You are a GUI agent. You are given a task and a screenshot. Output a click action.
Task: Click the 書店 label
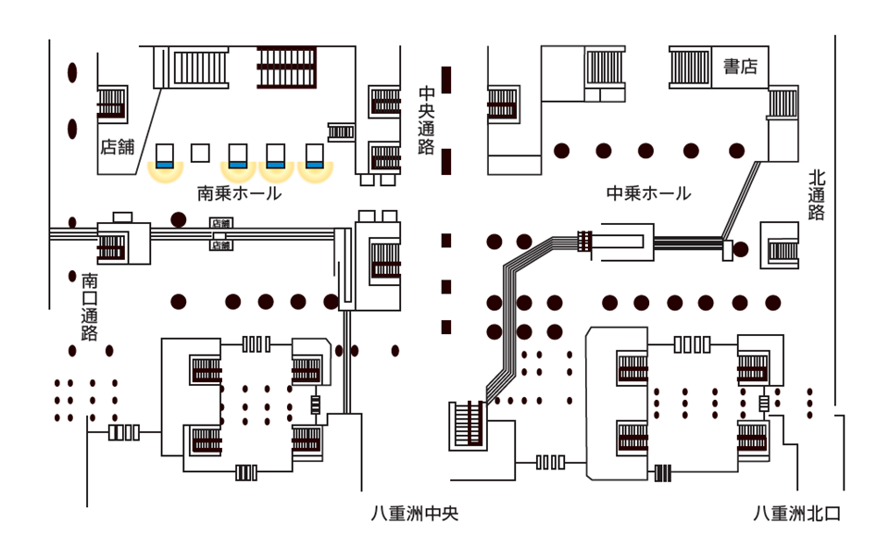click(740, 67)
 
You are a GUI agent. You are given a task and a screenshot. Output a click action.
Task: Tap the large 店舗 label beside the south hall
click(118, 145)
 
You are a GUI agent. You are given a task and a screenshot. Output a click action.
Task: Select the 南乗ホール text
click(239, 193)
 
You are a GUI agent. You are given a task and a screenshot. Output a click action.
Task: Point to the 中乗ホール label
click(648, 193)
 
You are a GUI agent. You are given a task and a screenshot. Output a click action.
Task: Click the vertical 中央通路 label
click(426, 121)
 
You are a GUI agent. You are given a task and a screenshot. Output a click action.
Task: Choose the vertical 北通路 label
click(816, 194)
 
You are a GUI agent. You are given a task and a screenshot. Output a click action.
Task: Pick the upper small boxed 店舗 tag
click(220, 223)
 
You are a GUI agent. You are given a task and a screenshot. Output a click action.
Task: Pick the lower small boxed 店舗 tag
click(220, 245)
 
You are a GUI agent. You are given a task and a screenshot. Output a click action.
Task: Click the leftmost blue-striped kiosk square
click(166, 155)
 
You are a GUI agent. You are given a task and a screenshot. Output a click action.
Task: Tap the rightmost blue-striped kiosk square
click(316, 155)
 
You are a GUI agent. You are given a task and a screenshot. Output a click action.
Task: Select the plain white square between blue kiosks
click(200, 153)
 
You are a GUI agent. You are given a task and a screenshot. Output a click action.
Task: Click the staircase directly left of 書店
click(690, 67)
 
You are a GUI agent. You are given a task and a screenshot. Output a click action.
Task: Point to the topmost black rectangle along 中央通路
click(446, 80)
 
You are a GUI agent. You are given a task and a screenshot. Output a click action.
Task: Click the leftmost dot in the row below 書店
click(560, 150)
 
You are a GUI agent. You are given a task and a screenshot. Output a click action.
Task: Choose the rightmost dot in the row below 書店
click(736, 150)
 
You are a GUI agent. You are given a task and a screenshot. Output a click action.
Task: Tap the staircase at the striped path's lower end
click(468, 425)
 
